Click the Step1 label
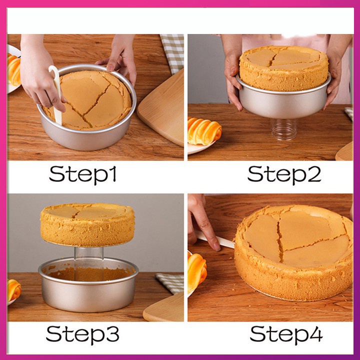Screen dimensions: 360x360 [82, 174]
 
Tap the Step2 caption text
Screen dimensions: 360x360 [284, 174]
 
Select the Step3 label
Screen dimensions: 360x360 [82, 334]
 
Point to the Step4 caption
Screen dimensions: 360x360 [286, 334]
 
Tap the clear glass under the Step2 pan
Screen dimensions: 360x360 [284, 129]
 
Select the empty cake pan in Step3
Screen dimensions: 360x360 [88, 284]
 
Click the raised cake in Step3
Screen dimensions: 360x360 [87, 224]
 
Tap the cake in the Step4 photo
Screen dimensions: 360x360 [294, 252]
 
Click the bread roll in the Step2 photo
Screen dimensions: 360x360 [204, 131]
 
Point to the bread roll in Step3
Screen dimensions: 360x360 [14, 290]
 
